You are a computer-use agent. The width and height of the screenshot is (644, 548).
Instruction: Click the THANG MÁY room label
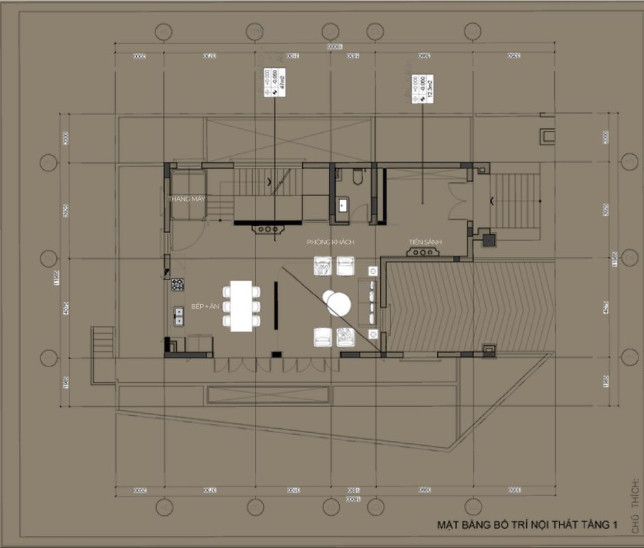click(187, 199)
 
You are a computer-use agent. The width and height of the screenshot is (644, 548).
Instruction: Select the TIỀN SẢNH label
click(425, 242)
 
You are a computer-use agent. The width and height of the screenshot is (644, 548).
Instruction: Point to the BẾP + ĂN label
click(204, 307)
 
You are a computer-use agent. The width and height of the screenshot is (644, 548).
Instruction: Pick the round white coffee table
click(337, 302)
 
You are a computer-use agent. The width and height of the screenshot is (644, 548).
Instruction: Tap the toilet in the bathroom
click(357, 179)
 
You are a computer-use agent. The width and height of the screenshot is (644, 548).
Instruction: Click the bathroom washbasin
click(343, 204)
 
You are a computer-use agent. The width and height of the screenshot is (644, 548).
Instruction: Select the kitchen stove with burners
click(177, 284)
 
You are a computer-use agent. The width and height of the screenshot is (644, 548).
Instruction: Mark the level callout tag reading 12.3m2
click(419, 89)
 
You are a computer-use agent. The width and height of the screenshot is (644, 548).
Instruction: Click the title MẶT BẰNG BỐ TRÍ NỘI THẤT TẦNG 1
click(527, 525)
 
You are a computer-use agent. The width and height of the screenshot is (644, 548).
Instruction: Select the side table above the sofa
click(373, 270)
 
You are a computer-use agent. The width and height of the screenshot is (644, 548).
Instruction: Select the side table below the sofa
click(373, 334)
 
